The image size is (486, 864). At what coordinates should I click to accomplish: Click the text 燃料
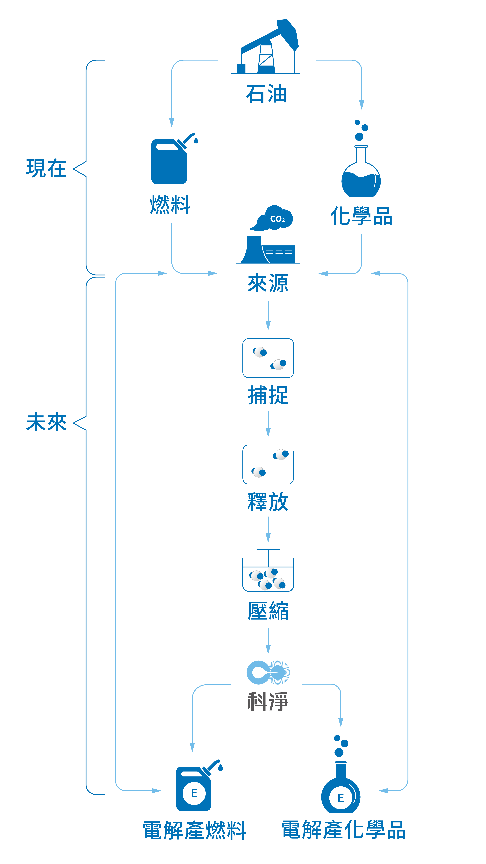pos(170,205)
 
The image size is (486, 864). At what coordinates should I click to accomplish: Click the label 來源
pos(268,283)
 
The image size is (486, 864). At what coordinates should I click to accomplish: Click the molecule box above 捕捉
pos(268,358)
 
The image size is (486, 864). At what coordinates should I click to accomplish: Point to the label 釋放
pos(268,502)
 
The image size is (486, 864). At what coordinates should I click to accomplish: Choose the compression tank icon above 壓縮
pos(268,570)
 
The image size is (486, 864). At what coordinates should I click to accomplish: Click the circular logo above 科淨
pos(268,672)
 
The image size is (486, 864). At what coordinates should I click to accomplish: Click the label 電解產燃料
pos(195,830)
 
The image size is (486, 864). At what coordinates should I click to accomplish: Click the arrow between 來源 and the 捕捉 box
pos(268,316)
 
